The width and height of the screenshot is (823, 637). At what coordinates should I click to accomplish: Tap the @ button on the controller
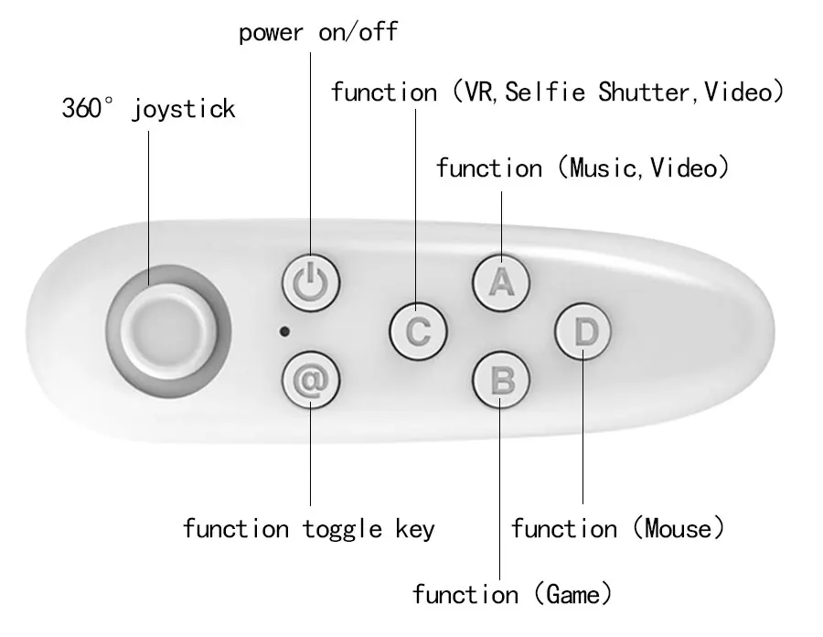pyautogui.click(x=310, y=378)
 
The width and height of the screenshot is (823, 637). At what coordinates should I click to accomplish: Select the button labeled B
pyautogui.click(x=500, y=378)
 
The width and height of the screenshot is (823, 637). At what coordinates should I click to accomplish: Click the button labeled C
pyautogui.click(x=417, y=329)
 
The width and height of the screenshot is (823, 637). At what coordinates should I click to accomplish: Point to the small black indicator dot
pyautogui.click(x=285, y=330)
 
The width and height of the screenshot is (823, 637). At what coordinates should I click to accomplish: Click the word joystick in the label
pyautogui.click(x=183, y=110)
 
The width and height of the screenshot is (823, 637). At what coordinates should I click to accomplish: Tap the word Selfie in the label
pyautogui.click(x=547, y=92)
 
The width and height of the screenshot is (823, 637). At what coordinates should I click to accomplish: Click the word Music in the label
pyautogui.click(x=600, y=168)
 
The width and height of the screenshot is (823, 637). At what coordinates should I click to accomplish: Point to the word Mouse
pyautogui.click(x=678, y=528)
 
